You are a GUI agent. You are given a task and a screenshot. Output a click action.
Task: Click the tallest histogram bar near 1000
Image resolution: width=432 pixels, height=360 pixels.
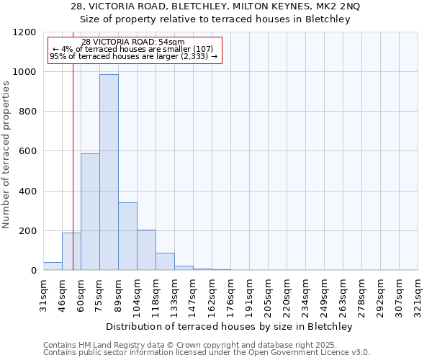[x=109, y=172]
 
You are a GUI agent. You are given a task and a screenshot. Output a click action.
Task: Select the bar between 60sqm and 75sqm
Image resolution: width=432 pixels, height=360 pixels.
[x=90, y=212]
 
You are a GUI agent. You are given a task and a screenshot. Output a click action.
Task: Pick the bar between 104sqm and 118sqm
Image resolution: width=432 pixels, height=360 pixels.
[x=146, y=250]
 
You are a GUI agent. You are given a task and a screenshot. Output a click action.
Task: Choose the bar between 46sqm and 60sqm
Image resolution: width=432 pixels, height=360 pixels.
[x=71, y=251]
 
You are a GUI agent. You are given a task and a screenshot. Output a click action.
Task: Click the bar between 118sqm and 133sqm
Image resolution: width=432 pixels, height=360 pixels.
[x=165, y=261]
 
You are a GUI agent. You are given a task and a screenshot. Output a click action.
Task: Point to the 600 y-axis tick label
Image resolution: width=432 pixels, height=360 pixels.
[x=28, y=152]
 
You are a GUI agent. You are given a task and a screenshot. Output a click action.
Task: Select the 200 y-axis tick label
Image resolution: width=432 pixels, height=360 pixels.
[x=28, y=231]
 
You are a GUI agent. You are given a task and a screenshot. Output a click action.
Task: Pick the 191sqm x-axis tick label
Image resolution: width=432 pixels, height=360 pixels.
[x=249, y=296]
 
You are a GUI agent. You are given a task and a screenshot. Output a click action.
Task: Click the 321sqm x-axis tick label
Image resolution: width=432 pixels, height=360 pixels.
[x=418, y=296]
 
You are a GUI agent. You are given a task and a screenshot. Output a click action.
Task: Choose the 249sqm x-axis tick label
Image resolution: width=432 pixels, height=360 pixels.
[x=324, y=296]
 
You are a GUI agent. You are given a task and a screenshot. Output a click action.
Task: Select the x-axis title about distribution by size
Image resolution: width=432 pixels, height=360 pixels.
[x=230, y=326]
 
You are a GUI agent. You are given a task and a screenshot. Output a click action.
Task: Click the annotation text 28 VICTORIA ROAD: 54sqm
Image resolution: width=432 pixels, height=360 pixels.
[x=133, y=42]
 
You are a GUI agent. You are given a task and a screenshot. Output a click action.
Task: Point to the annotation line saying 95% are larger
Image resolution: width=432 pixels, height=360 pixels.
[x=133, y=56]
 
